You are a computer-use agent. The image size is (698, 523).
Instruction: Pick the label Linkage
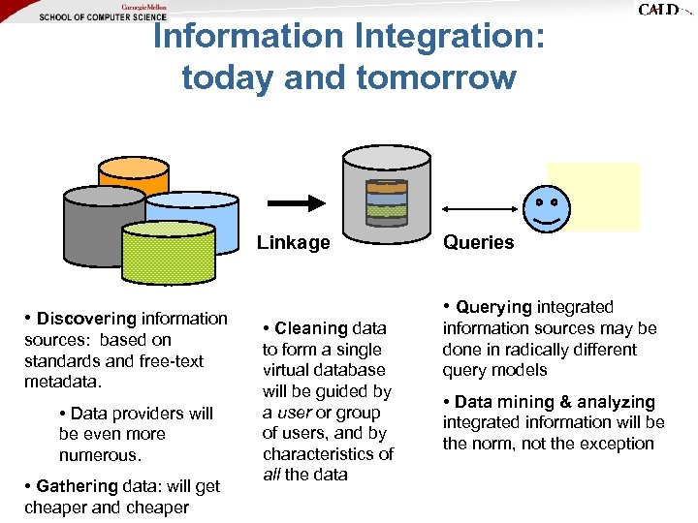293,243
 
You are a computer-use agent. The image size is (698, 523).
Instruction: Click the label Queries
479,243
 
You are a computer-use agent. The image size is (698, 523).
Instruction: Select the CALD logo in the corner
658,10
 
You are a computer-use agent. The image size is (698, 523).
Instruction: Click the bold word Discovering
87,319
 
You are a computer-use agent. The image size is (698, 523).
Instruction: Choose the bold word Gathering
79,486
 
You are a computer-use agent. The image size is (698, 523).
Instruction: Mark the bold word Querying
494,307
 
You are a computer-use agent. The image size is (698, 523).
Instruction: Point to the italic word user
295,413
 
